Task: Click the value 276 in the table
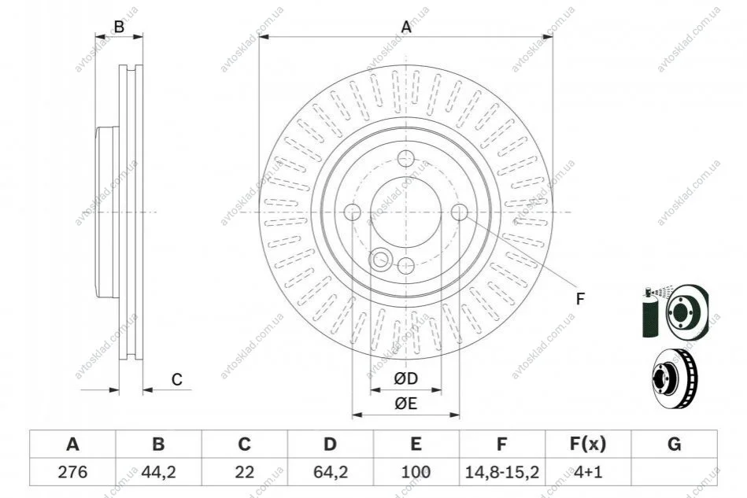click(x=73, y=472)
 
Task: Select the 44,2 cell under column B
click(x=159, y=472)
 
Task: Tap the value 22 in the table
click(x=244, y=472)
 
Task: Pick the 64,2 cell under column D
click(x=331, y=472)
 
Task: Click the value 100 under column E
click(x=416, y=472)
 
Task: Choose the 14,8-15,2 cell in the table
click(x=501, y=472)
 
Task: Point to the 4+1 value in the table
click(x=588, y=472)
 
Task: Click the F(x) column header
click(x=588, y=444)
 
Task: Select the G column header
click(x=674, y=444)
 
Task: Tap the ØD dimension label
click(x=406, y=378)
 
